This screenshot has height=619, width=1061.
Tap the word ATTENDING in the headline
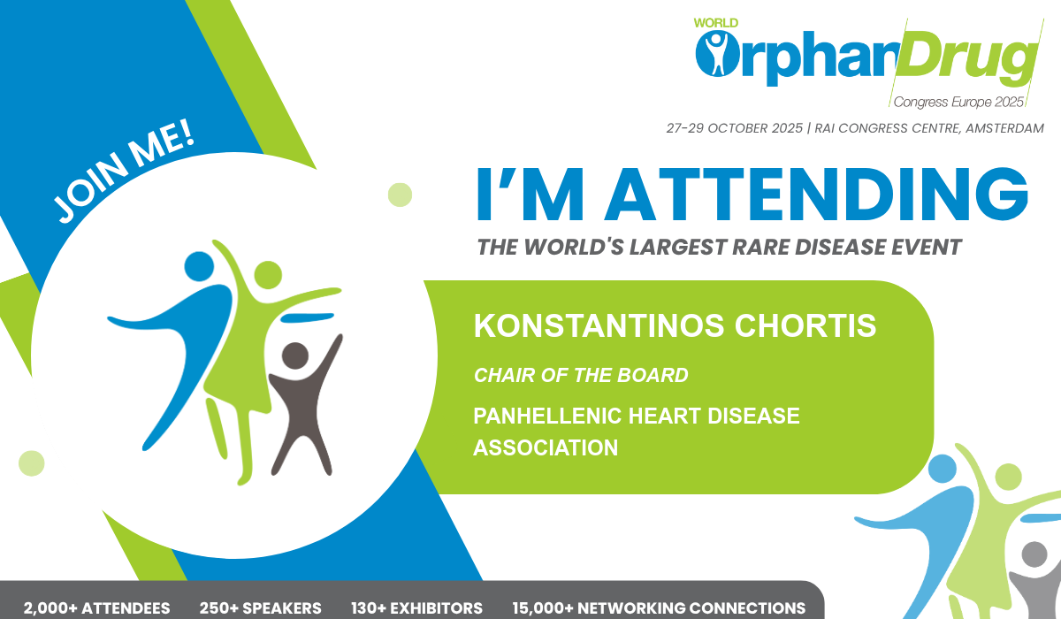click(x=816, y=195)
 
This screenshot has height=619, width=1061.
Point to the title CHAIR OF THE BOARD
click(x=581, y=375)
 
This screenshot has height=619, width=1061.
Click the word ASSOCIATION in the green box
click(x=546, y=447)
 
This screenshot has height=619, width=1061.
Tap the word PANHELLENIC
click(x=547, y=416)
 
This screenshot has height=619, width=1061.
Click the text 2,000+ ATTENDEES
click(x=96, y=608)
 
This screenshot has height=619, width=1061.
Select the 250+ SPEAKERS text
click(x=260, y=608)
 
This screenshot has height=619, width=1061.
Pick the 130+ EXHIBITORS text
click(x=416, y=608)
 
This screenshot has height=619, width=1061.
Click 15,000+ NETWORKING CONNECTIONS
click(x=659, y=608)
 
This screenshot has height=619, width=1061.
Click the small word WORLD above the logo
click(x=715, y=23)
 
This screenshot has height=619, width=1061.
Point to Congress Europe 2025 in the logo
click(x=958, y=102)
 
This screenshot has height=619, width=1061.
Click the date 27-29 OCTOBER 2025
click(x=734, y=128)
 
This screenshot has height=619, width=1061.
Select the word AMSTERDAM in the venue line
click(x=1004, y=128)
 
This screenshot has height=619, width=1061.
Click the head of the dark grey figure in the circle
click(x=295, y=355)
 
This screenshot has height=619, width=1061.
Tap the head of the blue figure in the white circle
click(x=199, y=266)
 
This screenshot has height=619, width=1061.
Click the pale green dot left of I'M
click(x=400, y=195)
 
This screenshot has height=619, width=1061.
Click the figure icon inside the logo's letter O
click(x=717, y=54)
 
